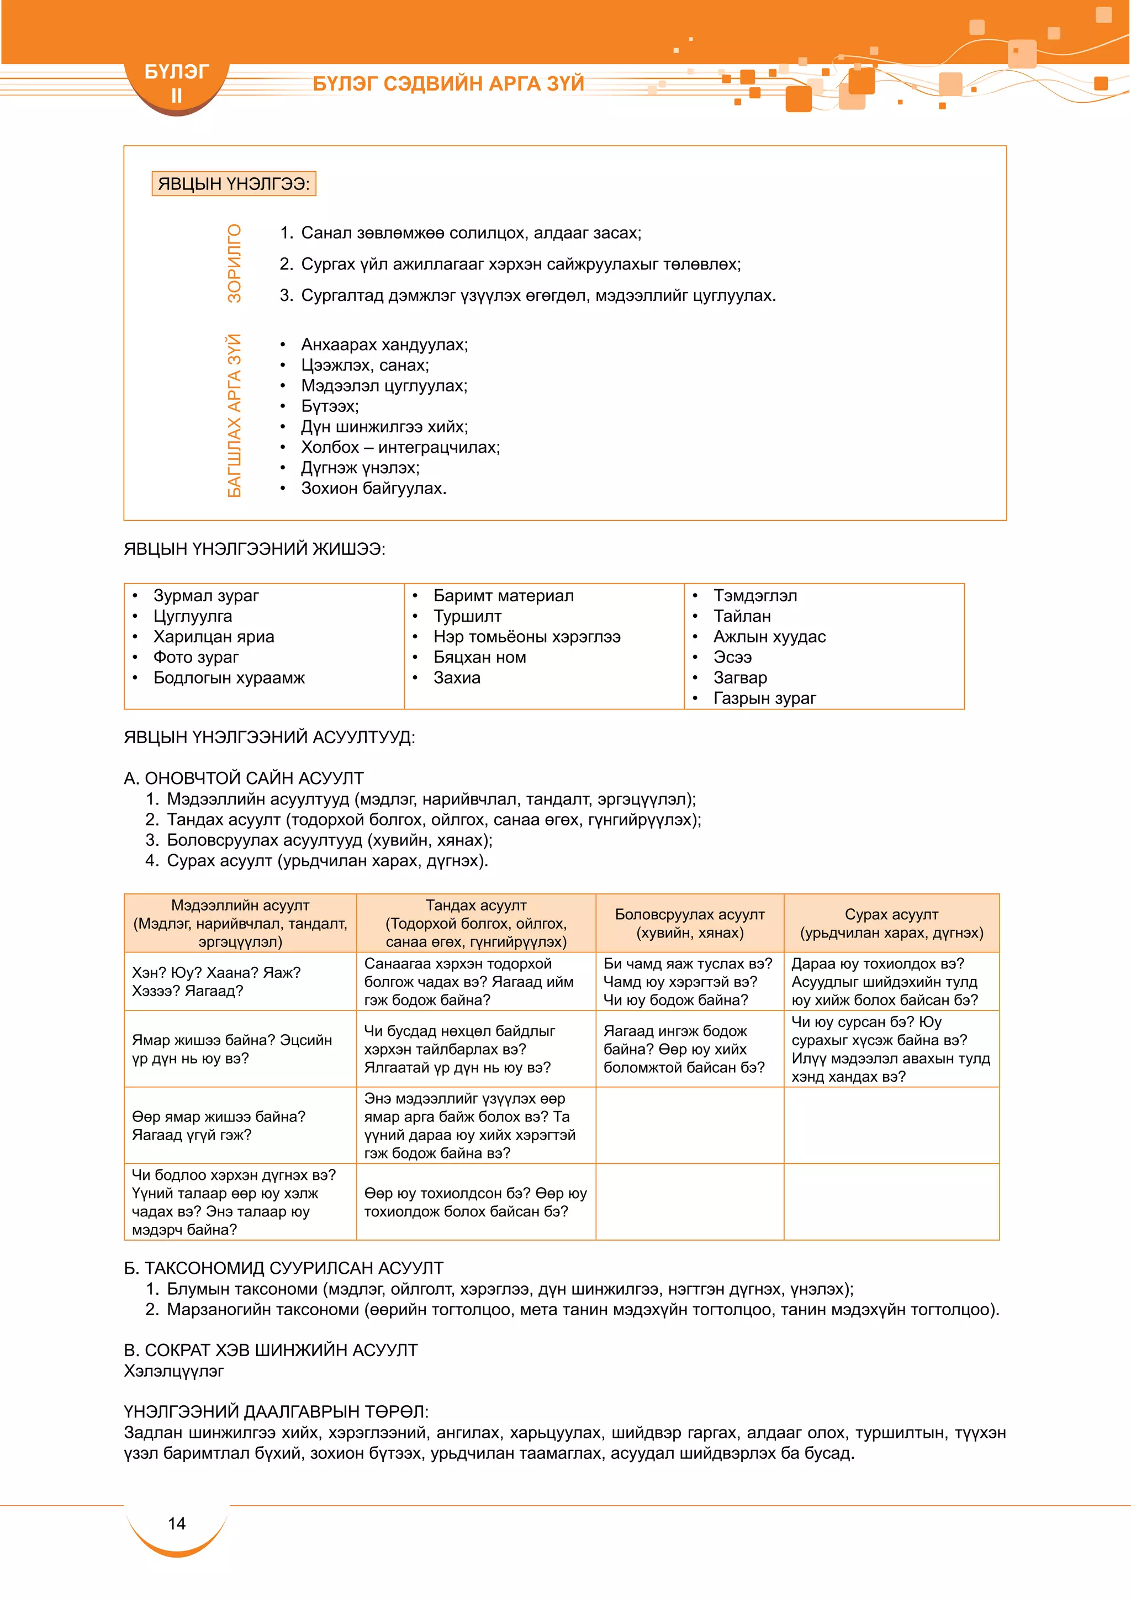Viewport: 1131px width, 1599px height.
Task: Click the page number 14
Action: [177, 1523]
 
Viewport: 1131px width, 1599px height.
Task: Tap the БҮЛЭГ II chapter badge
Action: [176, 83]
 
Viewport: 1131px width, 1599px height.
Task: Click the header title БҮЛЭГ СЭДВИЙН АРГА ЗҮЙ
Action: [448, 83]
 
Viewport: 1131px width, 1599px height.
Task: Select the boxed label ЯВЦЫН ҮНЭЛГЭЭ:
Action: [233, 184]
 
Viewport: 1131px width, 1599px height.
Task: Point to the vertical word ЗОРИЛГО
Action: [235, 263]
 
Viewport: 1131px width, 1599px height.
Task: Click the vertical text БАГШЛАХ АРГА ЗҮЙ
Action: [235, 416]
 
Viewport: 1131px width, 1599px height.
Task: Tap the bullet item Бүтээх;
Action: [329, 406]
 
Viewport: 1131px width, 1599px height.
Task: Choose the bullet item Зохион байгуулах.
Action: [373, 488]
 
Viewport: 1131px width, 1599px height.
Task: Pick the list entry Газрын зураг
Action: [764, 698]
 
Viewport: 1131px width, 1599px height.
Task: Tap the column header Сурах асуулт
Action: [891, 914]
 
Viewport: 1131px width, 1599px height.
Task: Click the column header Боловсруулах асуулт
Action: [689, 914]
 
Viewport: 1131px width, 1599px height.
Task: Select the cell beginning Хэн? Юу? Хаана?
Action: [216, 981]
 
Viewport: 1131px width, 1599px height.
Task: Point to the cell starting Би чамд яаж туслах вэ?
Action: [688, 981]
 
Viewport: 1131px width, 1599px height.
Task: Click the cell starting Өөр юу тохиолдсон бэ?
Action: [475, 1202]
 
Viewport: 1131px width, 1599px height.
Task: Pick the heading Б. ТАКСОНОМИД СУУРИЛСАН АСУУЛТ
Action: [283, 1268]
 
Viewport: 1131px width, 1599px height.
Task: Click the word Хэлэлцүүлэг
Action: [174, 1370]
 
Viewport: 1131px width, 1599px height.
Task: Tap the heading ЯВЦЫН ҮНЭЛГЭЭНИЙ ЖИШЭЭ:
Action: [254, 549]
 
